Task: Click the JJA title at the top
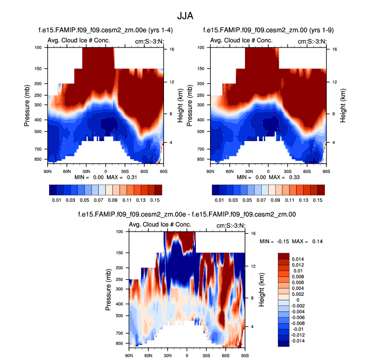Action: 185,15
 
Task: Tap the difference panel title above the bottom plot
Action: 187,214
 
